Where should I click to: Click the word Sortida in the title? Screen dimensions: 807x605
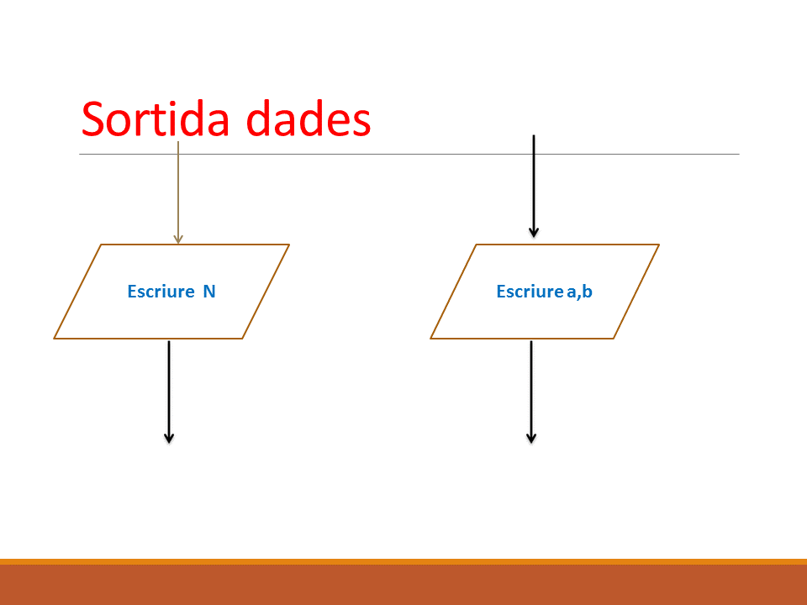pyautogui.click(x=155, y=118)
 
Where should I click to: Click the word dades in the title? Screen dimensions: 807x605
pyautogui.click(x=309, y=118)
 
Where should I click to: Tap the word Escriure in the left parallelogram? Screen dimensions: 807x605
pyautogui.click(x=161, y=292)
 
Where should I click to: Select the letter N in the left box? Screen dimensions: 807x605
pyautogui.click(x=209, y=292)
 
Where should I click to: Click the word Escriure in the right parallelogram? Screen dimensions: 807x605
pyautogui.click(x=530, y=292)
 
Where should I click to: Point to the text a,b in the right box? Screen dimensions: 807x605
pyautogui.click(x=579, y=292)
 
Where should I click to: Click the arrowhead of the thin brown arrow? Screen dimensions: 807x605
pyautogui.click(x=178, y=239)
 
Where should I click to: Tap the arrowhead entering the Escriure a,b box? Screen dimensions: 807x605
pyautogui.click(x=534, y=233)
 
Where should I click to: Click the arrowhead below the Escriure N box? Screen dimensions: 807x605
pyautogui.click(x=169, y=438)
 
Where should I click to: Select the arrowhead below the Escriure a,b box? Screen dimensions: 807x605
pyautogui.click(x=531, y=438)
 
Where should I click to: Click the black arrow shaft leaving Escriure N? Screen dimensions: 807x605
pyautogui.click(x=169, y=392)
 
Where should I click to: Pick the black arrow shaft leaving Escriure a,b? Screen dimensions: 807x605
pyautogui.click(x=531, y=392)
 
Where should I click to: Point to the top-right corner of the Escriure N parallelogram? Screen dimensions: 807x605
pyautogui.click(x=289, y=245)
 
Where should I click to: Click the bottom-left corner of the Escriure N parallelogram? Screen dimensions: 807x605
pyautogui.click(x=54, y=339)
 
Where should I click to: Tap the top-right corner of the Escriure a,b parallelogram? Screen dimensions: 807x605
pyautogui.click(x=659, y=245)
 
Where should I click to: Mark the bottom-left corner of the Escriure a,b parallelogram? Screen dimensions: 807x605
pyautogui.click(x=430, y=339)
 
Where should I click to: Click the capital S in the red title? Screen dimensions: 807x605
pyautogui.click(x=92, y=118)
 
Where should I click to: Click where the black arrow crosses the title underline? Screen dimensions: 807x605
pyautogui.click(x=534, y=154)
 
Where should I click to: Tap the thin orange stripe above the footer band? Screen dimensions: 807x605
pyautogui.click(x=403, y=562)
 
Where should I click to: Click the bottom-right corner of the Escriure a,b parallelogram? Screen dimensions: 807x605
pyautogui.click(x=614, y=339)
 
